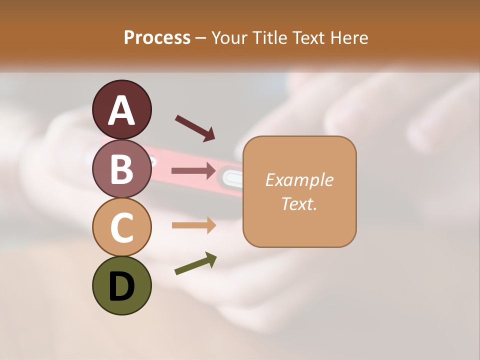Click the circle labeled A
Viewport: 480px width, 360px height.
click(x=122, y=109)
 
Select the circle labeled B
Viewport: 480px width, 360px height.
click(x=122, y=168)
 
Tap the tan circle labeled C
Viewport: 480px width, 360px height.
click(x=122, y=227)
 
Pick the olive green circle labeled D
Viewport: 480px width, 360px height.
click(x=122, y=285)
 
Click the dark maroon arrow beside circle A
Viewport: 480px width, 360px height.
click(x=195, y=127)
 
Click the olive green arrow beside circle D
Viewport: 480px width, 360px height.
click(x=195, y=263)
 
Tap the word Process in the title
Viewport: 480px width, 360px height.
click(x=157, y=37)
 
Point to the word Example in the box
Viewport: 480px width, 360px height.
click(x=299, y=180)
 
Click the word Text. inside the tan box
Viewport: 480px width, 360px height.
click(x=299, y=203)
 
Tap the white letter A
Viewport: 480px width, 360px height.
click(x=122, y=110)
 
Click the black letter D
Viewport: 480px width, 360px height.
click(x=122, y=287)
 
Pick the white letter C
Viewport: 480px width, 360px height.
click(x=122, y=228)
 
